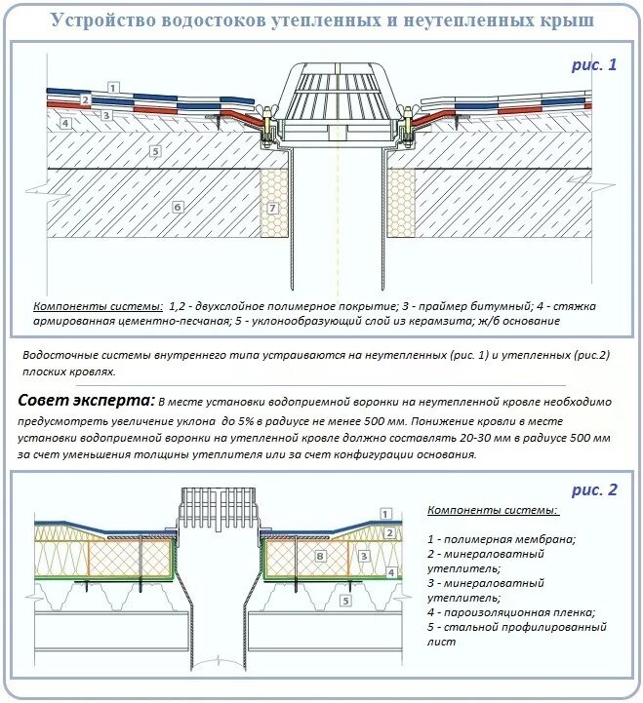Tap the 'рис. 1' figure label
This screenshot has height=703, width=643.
[x=594, y=65]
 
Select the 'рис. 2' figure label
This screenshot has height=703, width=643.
[x=594, y=489]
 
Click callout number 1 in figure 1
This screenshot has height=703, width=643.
[x=113, y=88]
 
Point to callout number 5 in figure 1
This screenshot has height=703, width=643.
[x=154, y=150]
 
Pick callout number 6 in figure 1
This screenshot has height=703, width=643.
[x=177, y=207]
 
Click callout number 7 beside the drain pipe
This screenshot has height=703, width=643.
[x=273, y=208]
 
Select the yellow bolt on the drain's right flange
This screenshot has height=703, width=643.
[x=406, y=127]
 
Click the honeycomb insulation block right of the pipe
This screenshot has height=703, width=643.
[x=405, y=205]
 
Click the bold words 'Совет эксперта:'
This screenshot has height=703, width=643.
[x=86, y=401]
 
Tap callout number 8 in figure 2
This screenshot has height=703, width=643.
[x=319, y=556]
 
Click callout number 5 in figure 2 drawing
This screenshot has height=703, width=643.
[x=345, y=602]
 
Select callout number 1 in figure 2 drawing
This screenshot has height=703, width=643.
[x=385, y=513]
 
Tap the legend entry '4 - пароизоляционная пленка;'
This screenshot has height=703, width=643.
[x=510, y=612]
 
